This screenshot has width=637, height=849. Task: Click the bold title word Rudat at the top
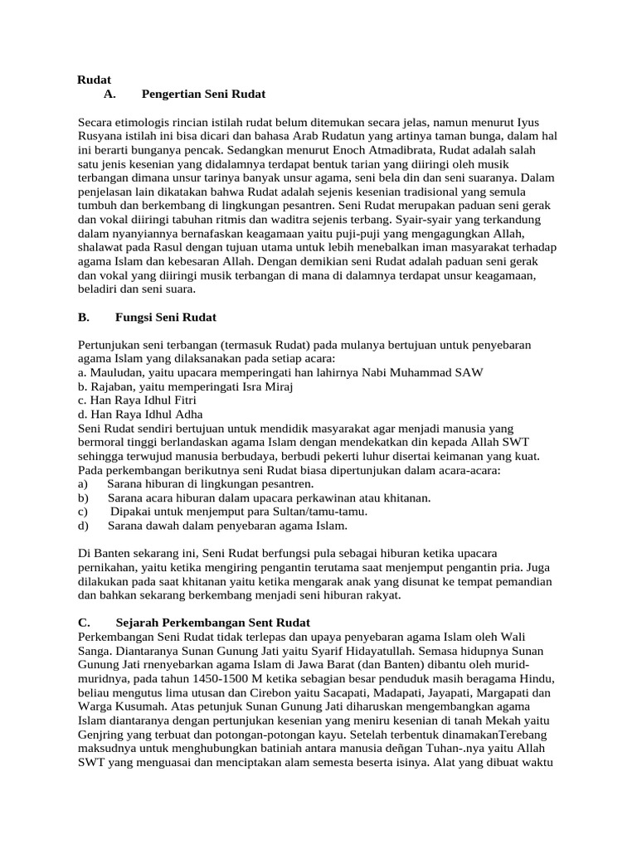[x=95, y=80]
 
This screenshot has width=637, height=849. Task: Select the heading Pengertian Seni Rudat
[x=203, y=95]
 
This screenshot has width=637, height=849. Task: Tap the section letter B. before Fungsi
[x=84, y=317]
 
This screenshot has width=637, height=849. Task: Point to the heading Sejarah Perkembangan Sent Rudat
[x=226, y=622]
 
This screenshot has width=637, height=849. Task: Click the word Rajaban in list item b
[x=112, y=386]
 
